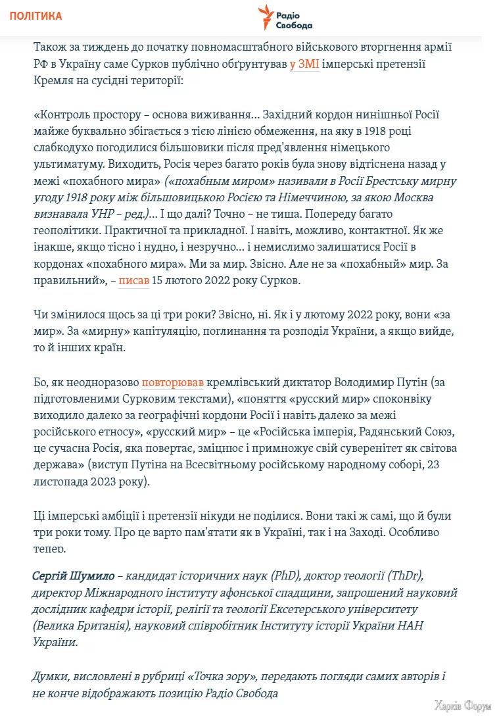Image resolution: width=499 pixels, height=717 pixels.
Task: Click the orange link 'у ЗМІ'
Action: tap(304, 64)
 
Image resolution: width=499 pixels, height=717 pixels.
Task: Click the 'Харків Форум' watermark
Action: tap(462, 706)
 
